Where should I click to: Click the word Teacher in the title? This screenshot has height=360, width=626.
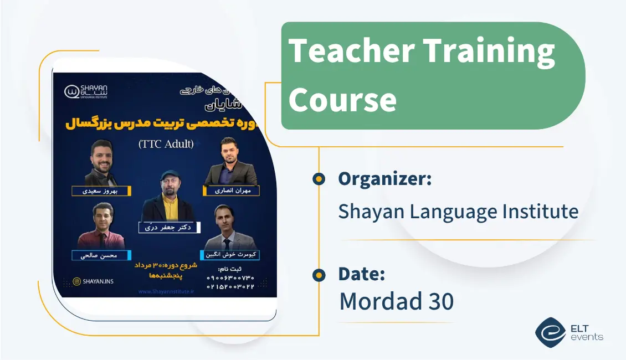(351, 51)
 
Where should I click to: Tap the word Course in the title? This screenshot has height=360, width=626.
(342, 100)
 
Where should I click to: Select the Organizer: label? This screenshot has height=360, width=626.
(384, 179)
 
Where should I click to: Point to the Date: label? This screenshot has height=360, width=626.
(361, 274)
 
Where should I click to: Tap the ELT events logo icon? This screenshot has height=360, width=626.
(550, 331)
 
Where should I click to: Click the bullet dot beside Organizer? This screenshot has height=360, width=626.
(319, 178)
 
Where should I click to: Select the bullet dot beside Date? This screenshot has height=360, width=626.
(319, 274)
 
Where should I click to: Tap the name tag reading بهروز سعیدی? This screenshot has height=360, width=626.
(102, 191)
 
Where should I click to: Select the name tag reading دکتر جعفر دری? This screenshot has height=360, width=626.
(170, 227)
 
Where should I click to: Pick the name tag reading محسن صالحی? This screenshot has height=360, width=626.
(101, 255)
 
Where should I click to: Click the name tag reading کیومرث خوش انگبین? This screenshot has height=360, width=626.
(232, 255)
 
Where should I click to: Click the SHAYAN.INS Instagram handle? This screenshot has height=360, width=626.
(95, 281)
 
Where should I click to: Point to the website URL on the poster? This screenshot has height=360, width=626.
(166, 291)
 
